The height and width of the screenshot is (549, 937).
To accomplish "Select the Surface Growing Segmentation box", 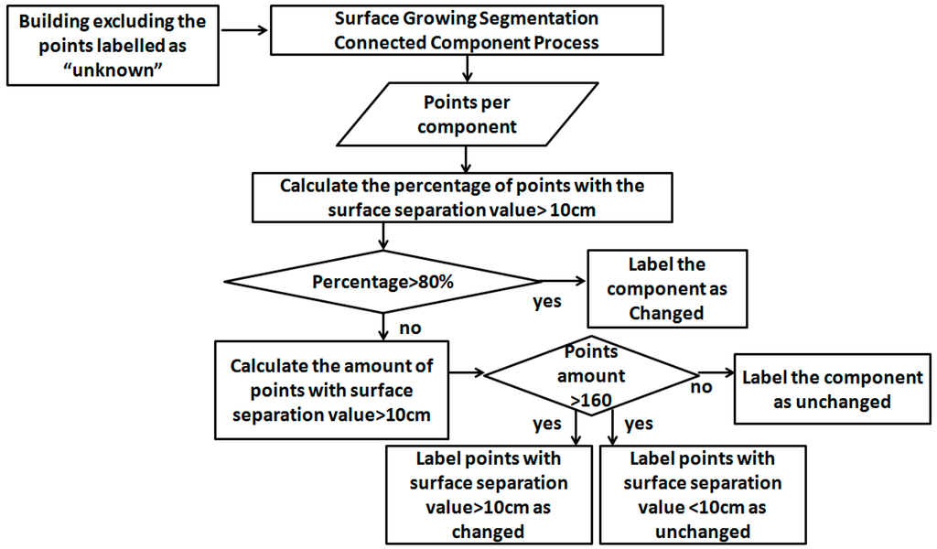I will [x=467, y=31].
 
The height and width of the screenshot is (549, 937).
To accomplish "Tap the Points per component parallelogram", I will [x=467, y=114].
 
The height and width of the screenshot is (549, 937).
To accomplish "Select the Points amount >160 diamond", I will [x=592, y=375].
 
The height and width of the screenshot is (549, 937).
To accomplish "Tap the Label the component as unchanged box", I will [x=833, y=389].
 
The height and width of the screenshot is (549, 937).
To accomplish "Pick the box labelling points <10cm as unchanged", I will [x=703, y=494].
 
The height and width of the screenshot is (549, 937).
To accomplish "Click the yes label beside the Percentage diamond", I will [x=547, y=301].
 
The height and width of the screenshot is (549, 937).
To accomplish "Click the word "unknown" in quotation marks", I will [x=111, y=68].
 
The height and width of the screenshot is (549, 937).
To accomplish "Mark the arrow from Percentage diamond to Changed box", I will [x=562, y=280].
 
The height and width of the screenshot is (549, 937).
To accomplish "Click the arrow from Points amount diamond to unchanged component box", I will [x=716, y=372].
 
